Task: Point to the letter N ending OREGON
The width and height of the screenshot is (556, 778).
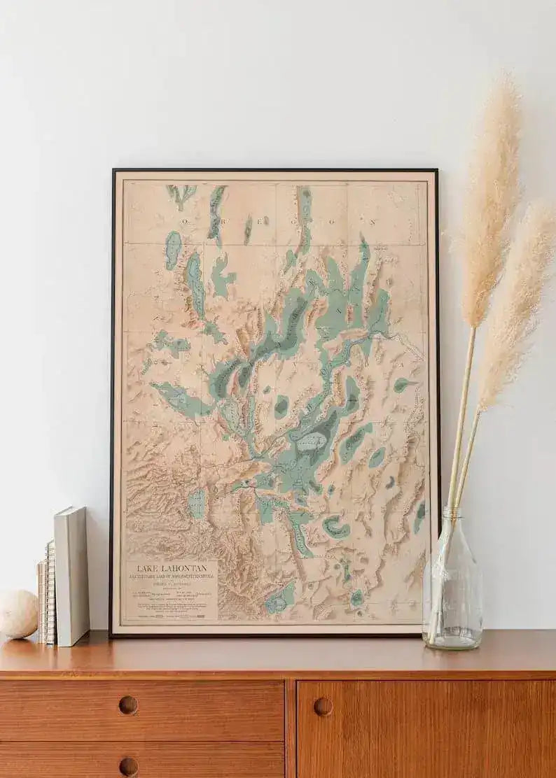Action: pos(373,222)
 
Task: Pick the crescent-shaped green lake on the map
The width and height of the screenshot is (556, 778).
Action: pos(335,527)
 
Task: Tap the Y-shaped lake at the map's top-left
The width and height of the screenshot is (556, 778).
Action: pos(181,194)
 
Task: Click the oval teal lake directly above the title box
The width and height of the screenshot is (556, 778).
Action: pos(198,502)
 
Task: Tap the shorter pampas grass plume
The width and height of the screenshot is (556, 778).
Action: pos(518,301)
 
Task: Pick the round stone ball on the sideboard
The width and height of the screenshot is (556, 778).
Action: pos(18,614)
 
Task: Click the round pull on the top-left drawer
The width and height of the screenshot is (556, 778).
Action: pos(128,705)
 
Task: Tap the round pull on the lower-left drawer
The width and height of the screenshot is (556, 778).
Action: pos(128,767)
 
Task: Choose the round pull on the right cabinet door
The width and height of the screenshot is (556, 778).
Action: pos(323,707)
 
